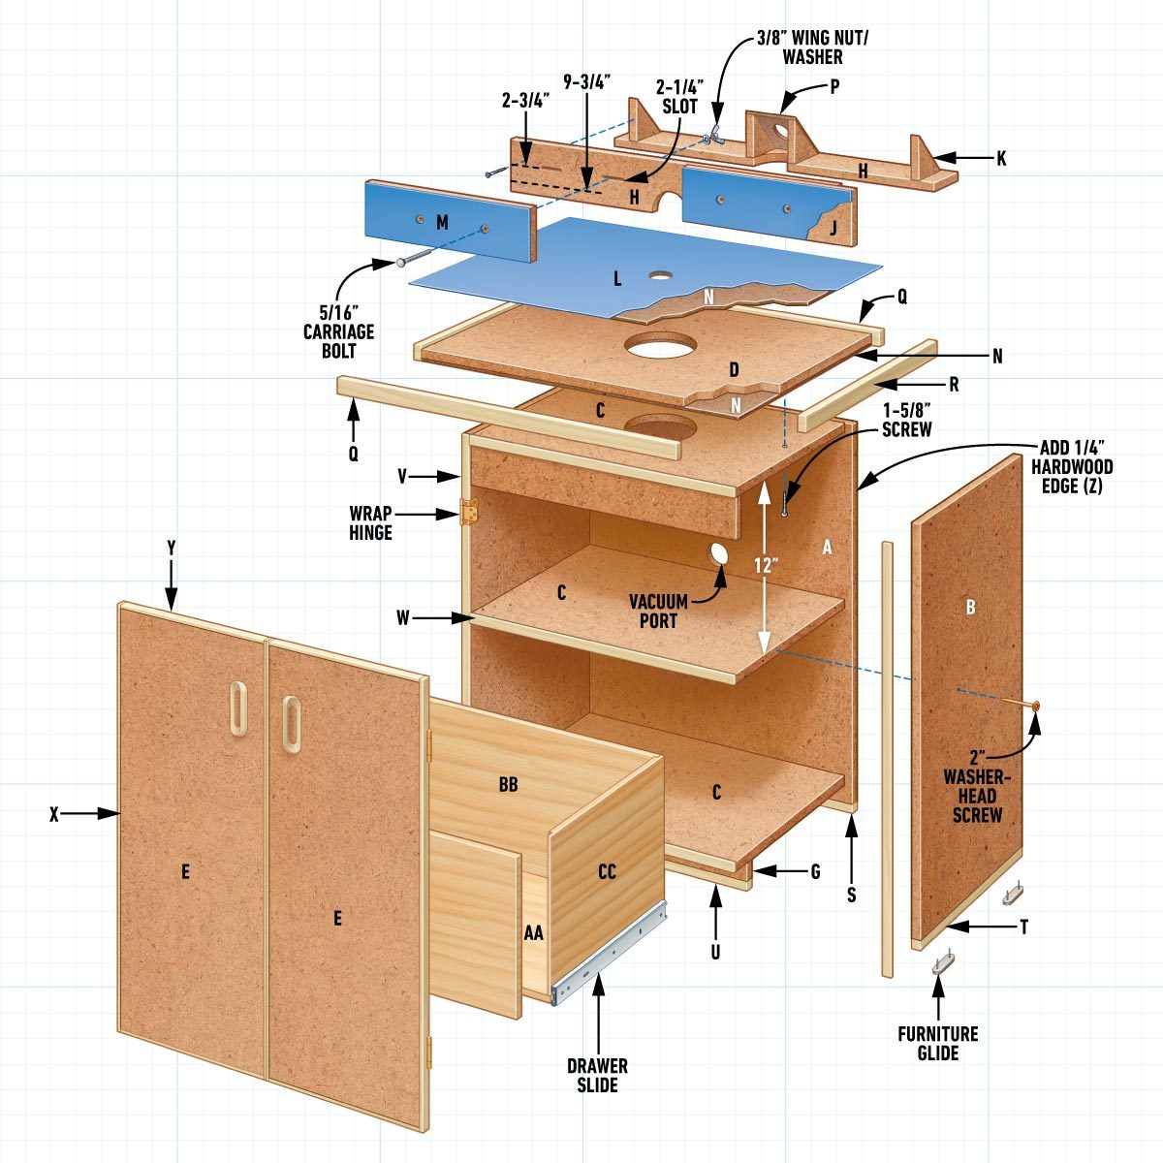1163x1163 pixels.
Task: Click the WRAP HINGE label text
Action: click(x=371, y=522)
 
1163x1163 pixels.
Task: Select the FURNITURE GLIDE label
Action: click(x=937, y=1043)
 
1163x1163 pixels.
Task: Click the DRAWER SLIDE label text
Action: click(x=597, y=1075)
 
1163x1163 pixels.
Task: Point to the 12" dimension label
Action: click(x=766, y=564)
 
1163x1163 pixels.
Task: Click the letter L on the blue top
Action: click(x=616, y=280)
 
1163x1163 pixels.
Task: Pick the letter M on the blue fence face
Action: click(x=442, y=223)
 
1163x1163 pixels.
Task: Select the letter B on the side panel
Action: click(x=970, y=608)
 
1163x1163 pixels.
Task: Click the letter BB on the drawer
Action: click(x=508, y=785)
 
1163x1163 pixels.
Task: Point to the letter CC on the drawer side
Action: click(x=607, y=872)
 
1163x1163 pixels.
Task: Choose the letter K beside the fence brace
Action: click(x=1001, y=158)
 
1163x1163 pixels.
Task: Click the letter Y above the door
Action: click(x=172, y=548)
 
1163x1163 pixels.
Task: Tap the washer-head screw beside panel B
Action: click(x=1034, y=707)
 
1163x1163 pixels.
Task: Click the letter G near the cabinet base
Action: click(x=815, y=872)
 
